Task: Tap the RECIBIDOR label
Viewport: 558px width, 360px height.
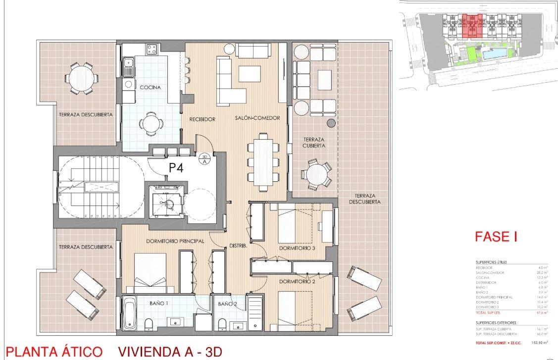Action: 202,119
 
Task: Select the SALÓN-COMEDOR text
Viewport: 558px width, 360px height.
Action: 257,118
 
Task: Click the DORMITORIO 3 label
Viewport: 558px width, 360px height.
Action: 297,248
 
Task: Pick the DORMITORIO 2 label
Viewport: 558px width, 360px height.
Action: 297,282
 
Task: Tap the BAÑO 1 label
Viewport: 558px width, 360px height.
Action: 160,302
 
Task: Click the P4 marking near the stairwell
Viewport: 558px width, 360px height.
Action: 176,168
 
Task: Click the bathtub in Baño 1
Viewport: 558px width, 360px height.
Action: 130,313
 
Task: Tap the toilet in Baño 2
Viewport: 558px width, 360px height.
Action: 222,324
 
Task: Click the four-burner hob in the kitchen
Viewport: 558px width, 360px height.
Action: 151,49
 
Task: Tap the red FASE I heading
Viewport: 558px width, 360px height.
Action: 496,237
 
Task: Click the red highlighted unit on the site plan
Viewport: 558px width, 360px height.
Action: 472,26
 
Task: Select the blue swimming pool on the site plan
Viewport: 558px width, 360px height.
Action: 497,54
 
